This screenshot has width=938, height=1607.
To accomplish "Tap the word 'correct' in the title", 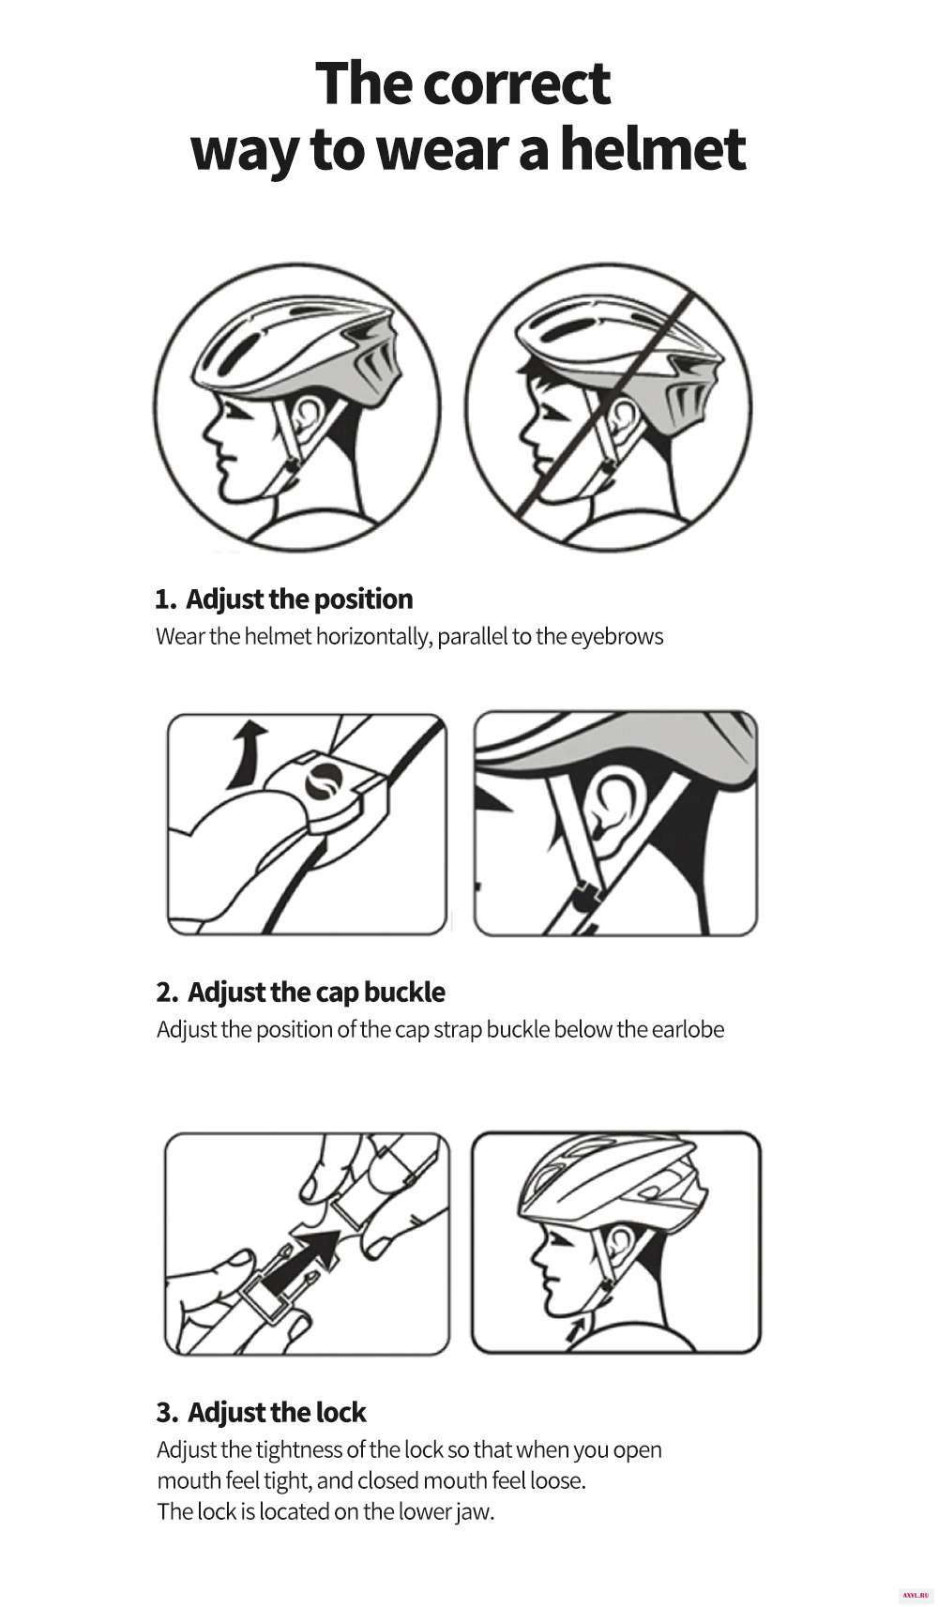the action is pyautogui.click(x=516, y=83).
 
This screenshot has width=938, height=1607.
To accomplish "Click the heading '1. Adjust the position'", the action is pyautogui.click(x=284, y=599).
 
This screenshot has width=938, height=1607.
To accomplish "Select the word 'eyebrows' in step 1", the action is pyautogui.click(x=616, y=637).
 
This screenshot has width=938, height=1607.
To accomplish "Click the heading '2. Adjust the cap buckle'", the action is pyautogui.click(x=300, y=992).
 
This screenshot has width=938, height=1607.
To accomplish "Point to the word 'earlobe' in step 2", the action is pyautogui.click(x=688, y=1029).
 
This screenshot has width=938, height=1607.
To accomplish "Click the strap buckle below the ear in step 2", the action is pyautogui.click(x=583, y=898).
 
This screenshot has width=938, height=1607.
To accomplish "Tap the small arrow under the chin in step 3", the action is pyautogui.click(x=576, y=1329).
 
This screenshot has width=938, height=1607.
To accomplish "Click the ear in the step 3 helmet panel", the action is pyautogui.click(x=620, y=1240).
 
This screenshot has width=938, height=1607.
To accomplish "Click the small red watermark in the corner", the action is pyautogui.click(x=915, y=1596).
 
